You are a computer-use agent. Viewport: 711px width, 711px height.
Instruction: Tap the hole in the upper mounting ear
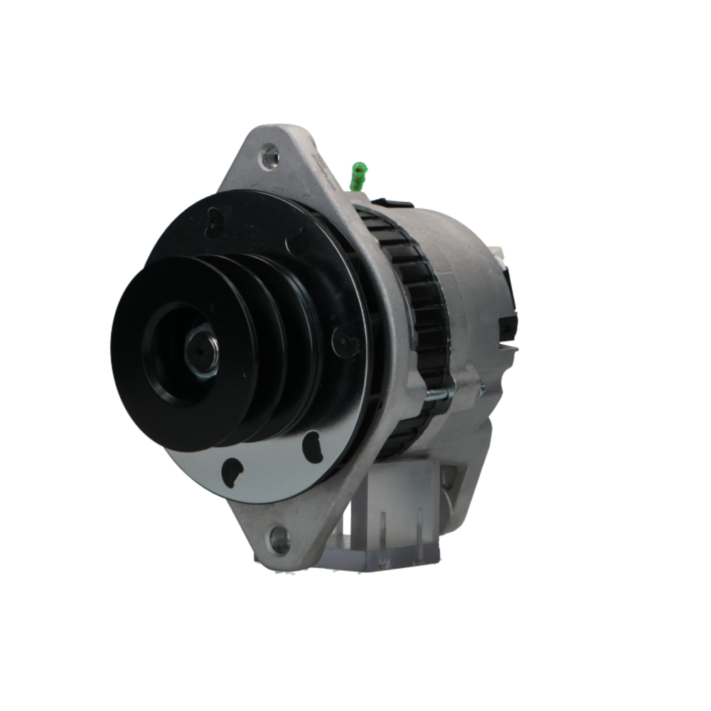coord(269,155)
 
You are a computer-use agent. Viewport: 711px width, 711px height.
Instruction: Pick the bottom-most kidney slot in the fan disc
coord(231,471)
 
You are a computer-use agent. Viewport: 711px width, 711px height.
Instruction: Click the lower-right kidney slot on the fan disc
coord(313,447)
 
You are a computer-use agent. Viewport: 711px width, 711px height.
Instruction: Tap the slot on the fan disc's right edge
coord(344,344)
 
